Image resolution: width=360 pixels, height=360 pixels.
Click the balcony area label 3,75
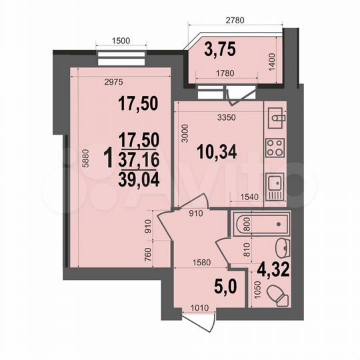[221, 49]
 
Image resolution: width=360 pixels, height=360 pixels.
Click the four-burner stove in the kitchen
[274, 147]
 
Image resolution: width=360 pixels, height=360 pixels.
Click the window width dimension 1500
[121, 41]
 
